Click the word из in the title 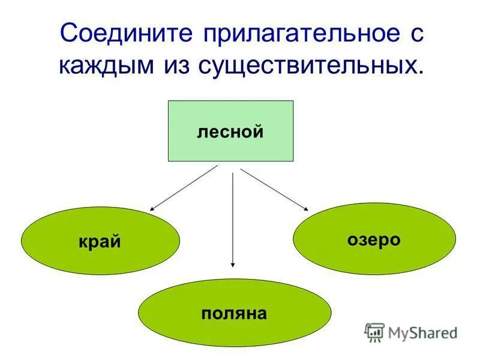(176, 65)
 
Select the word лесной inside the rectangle (230, 131)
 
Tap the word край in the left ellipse (100, 241)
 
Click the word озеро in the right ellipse (373, 240)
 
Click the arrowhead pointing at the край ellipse (152, 208)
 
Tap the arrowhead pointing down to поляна (233, 264)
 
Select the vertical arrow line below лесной (233, 216)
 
